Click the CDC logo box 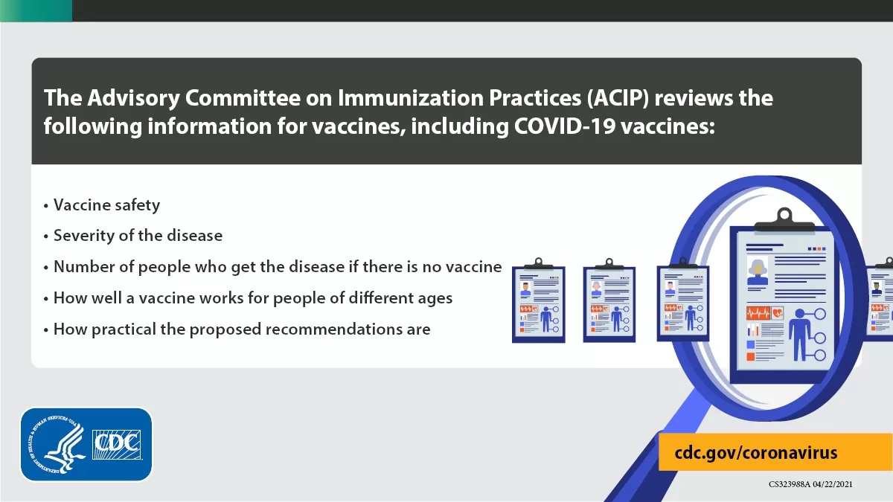[x=117, y=445]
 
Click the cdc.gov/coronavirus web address [x=756, y=453]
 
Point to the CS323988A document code [x=790, y=484]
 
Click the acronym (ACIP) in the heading [x=618, y=98]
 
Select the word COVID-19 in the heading [x=565, y=126]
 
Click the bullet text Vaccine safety [x=106, y=205]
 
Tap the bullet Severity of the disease [x=138, y=236]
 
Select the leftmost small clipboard [x=539, y=300]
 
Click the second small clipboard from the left [x=609, y=300]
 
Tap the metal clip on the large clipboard [x=784, y=220]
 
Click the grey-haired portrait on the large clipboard [x=758, y=271]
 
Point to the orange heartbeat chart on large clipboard [x=758, y=313]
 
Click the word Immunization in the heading [x=411, y=98]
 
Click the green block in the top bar [x=36, y=10]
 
